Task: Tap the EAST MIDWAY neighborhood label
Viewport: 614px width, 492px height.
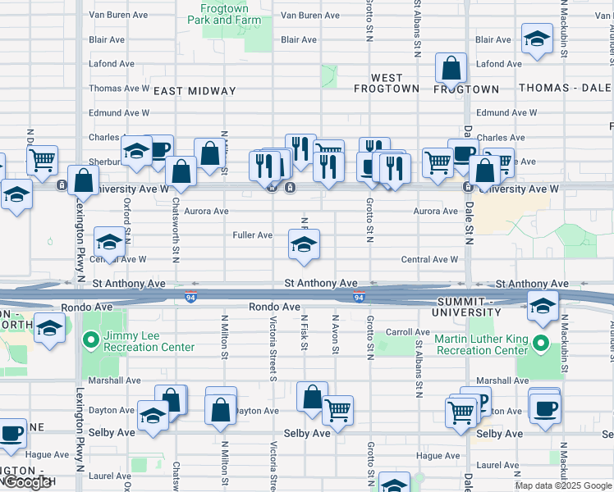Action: pyautogui.click(x=195, y=92)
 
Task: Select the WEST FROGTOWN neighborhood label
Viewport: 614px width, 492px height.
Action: pyautogui.click(x=387, y=83)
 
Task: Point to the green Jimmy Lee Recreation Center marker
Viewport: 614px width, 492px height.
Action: pyautogui.click(x=89, y=337)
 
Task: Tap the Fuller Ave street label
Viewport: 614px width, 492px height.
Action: pyautogui.click(x=252, y=235)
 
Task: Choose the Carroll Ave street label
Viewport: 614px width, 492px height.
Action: pyautogui.click(x=408, y=332)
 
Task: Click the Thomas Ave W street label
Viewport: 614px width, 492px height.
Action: pyautogui.click(x=119, y=89)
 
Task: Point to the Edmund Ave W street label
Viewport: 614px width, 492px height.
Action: pyautogui.click(x=507, y=113)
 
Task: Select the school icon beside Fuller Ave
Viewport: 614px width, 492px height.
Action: pyautogui.click(x=304, y=244)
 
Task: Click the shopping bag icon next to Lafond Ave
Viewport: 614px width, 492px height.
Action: pyautogui.click(x=451, y=69)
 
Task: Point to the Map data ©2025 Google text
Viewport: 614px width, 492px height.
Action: pyautogui.click(x=563, y=485)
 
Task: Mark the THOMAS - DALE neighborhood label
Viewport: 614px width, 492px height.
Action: pyautogui.click(x=565, y=88)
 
